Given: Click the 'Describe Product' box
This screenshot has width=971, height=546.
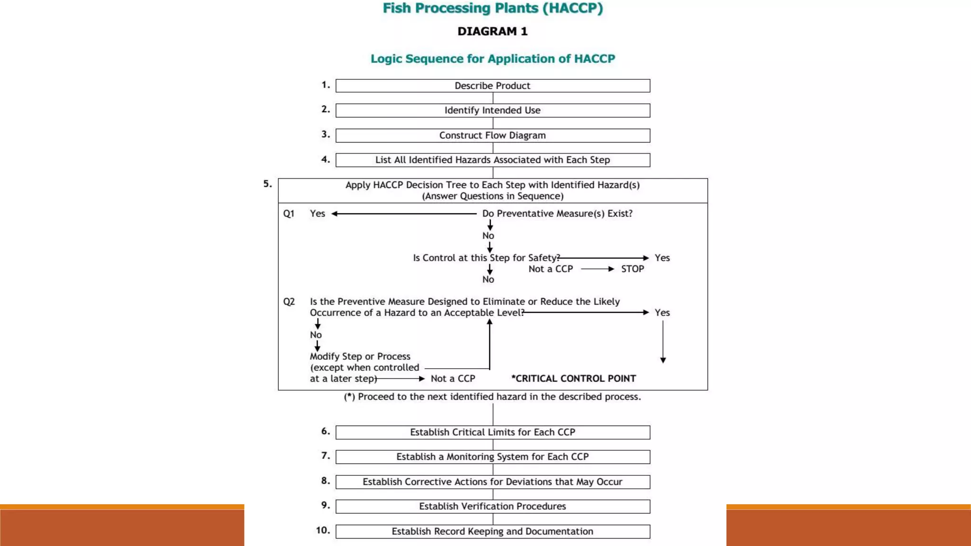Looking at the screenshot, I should pyautogui.click(x=493, y=86).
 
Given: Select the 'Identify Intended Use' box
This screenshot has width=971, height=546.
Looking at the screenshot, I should pyautogui.click(x=493, y=110).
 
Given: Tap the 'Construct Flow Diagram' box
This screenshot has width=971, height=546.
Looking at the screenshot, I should pyautogui.click(x=493, y=136).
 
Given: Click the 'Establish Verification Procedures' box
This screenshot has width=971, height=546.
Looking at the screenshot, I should pyautogui.click(x=493, y=506).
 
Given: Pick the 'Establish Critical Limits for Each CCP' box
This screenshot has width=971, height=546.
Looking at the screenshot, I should pyautogui.click(x=493, y=432).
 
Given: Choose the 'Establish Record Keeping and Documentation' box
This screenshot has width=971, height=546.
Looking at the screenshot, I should pyautogui.click(x=493, y=531).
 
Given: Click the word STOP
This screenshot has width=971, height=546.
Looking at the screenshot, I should pyautogui.click(x=632, y=269).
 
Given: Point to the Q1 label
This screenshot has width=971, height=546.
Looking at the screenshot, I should pyautogui.click(x=289, y=214).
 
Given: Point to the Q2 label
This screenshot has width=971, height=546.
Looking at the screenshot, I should pyautogui.click(x=289, y=302).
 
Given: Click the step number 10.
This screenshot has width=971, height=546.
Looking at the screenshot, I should pyautogui.click(x=323, y=530).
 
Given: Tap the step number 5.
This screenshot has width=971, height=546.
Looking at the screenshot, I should pyautogui.click(x=267, y=184).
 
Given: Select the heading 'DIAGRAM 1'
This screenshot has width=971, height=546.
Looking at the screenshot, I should pyautogui.click(x=492, y=31).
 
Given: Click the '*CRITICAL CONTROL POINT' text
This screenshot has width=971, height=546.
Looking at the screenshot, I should pyautogui.click(x=574, y=378).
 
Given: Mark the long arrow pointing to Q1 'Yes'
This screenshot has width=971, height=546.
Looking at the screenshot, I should pyautogui.click(x=404, y=214).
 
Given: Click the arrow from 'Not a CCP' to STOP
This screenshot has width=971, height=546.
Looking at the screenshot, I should pyautogui.click(x=597, y=269).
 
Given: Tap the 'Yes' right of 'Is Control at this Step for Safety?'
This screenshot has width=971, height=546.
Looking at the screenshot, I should pyautogui.click(x=662, y=258).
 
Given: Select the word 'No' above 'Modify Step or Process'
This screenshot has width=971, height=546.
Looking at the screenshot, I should pyautogui.click(x=316, y=335).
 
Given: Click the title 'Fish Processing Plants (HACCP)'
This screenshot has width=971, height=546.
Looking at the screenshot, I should pyautogui.click(x=493, y=9).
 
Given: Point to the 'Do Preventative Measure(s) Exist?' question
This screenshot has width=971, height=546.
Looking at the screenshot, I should pyautogui.click(x=557, y=214).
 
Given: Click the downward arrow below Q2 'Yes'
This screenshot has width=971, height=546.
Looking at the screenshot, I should pyautogui.click(x=663, y=341).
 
